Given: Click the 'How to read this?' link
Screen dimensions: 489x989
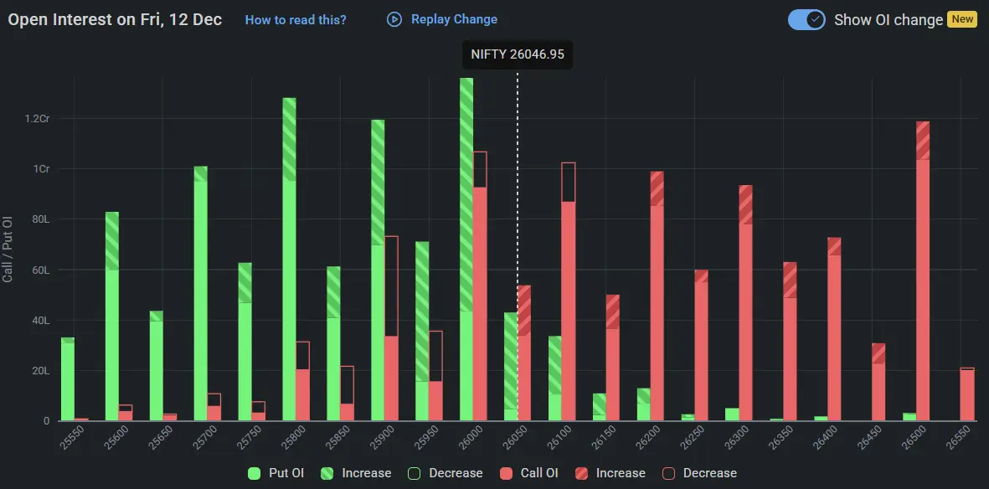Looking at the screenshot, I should coord(295,19).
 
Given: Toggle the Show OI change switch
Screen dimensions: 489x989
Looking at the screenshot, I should coord(807,19).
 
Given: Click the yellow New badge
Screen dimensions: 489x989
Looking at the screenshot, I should coord(962,19).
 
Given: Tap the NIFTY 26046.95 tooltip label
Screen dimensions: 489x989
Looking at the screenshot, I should coord(517,54).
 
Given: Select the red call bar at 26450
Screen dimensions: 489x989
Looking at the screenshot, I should coord(878,385).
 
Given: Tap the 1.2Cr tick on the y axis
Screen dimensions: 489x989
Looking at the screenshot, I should coord(37,119).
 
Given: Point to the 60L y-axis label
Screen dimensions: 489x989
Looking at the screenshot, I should coord(40,270).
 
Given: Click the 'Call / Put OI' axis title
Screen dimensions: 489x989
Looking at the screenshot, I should coord(8,249).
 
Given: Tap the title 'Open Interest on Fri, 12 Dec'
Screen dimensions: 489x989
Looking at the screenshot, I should coord(115,19).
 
